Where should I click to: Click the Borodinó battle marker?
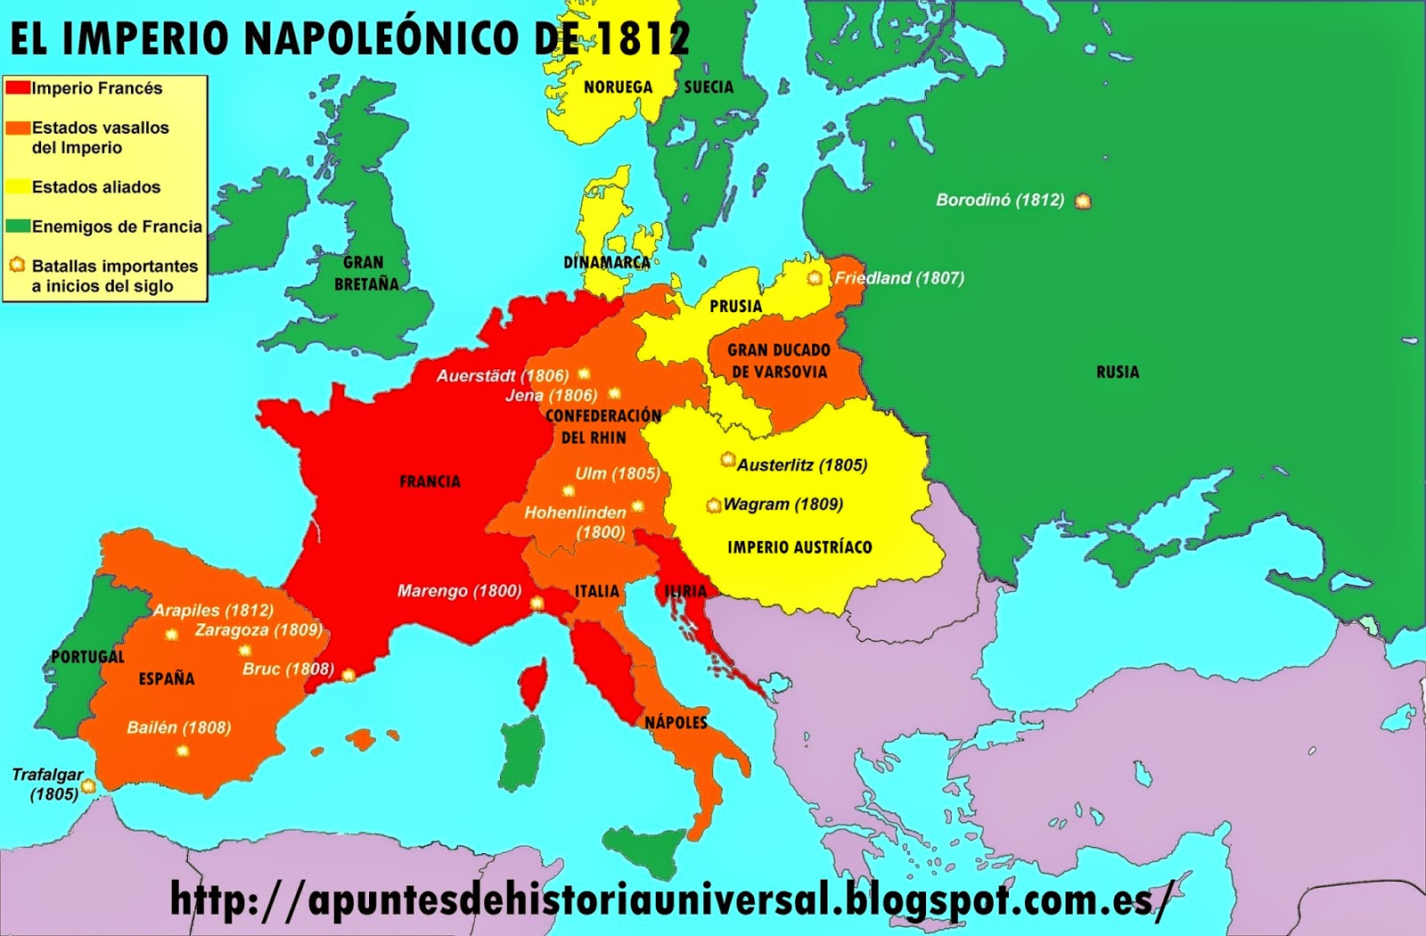click(x=1083, y=201)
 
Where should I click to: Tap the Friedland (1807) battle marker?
click(x=815, y=278)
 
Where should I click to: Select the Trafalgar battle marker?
click(x=88, y=786)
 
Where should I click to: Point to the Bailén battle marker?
click(x=183, y=751)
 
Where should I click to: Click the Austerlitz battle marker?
click(x=728, y=460)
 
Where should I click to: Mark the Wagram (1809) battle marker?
click(x=713, y=505)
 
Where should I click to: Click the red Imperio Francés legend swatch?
click(x=18, y=87)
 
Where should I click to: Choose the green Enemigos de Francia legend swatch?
click(x=18, y=226)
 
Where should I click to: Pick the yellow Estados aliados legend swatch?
click(x=18, y=187)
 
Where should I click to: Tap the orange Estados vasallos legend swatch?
click(x=18, y=127)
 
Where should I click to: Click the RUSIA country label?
click(x=1118, y=372)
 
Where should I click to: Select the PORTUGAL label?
click(x=87, y=657)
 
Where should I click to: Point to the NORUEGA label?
click(x=618, y=87)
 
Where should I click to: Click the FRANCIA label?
click(x=430, y=481)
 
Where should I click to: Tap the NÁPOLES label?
click(x=676, y=722)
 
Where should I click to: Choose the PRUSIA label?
click(x=735, y=306)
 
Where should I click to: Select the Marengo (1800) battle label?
click(x=459, y=590)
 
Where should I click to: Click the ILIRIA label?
click(x=685, y=591)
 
